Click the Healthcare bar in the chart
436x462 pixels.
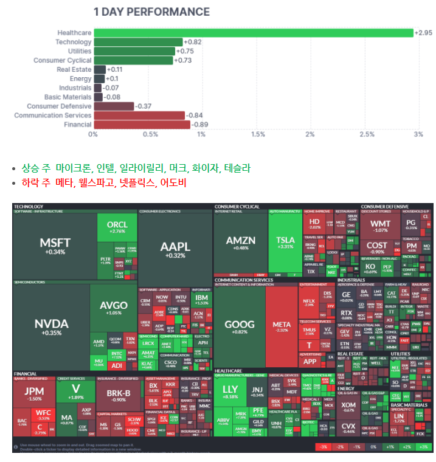point(253,33)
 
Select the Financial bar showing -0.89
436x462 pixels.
point(142,125)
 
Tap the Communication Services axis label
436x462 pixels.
point(52,115)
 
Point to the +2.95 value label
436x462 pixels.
point(423,33)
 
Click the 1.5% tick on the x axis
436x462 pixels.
point(258,134)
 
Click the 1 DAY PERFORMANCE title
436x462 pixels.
point(151,12)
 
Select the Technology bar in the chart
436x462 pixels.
point(138,42)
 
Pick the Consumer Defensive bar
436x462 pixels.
point(114,106)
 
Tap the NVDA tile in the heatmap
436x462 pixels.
point(51,326)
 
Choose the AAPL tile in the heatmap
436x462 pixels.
point(175,248)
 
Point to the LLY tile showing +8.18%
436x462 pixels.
point(230,391)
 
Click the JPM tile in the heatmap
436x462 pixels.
point(34,394)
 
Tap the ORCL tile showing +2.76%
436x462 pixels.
point(117,227)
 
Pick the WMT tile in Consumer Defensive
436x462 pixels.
point(380,226)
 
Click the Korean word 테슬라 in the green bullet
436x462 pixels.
point(237,168)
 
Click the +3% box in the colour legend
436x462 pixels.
point(424,447)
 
